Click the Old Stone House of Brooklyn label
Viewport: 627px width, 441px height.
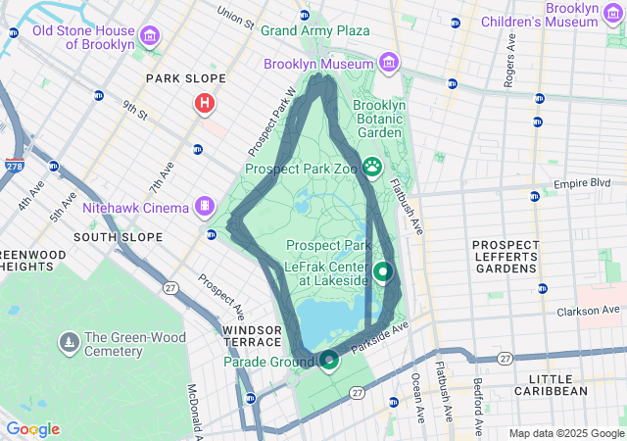pos(82,37)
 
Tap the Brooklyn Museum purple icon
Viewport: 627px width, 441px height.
pos(390,64)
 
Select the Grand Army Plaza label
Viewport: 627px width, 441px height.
pos(314,30)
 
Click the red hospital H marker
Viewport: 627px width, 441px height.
pos(204,102)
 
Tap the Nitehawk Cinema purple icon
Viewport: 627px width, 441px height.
pos(204,207)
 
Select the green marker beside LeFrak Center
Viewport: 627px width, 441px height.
pos(383,271)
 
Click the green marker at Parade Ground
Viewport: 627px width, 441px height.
pos(329,361)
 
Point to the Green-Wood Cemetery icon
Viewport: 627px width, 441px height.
pos(69,343)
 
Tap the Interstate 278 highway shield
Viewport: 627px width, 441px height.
pos(15,167)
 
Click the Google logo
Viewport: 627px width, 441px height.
pos(32,429)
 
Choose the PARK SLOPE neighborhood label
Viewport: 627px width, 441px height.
pos(185,77)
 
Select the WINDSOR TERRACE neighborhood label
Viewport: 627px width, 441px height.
pos(251,337)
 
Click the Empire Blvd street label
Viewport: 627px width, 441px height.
pos(582,183)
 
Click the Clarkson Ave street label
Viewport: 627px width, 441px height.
pos(590,314)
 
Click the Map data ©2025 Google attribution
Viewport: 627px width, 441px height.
pos(566,433)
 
